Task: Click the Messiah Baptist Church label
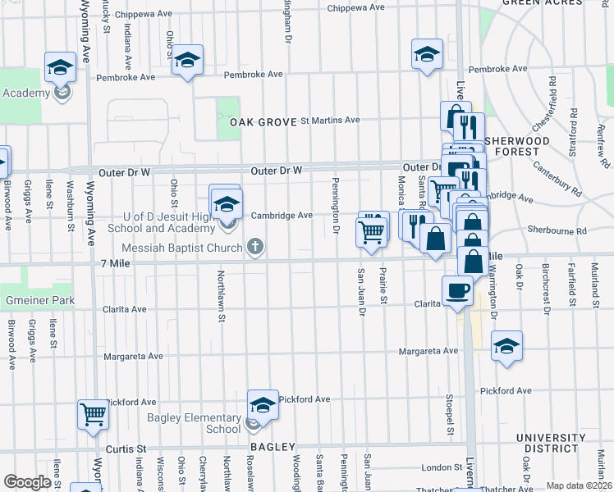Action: [181, 248]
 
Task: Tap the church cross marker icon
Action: [255, 246]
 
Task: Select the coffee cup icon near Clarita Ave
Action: [456, 289]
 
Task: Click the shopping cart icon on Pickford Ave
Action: [93, 414]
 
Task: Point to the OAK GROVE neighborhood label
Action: [262, 121]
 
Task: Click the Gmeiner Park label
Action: [38, 300]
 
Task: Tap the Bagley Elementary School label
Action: [194, 423]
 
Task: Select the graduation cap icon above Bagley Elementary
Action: [263, 404]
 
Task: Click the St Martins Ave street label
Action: [330, 120]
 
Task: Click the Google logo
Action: [27, 482]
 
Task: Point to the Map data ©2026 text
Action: [578, 485]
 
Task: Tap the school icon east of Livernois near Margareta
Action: [506, 346]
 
